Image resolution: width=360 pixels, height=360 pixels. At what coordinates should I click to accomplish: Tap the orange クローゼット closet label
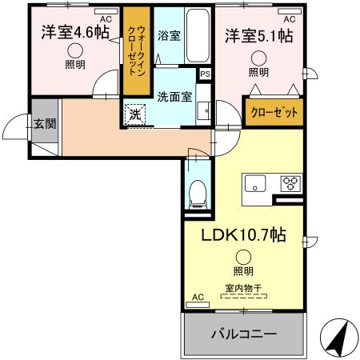coord(274,112)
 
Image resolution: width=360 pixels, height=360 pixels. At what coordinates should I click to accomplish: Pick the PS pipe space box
coord(206,74)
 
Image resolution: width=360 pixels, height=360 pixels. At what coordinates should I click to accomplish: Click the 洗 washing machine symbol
coord(135,114)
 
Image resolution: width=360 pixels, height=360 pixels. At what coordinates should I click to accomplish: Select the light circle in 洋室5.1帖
coord(258,57)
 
